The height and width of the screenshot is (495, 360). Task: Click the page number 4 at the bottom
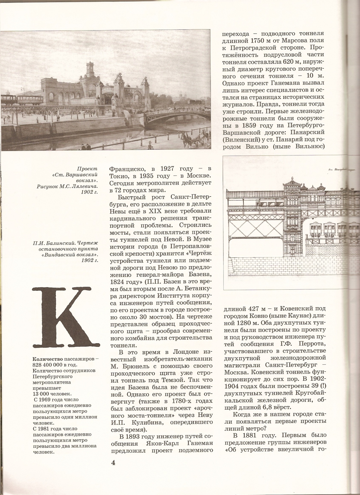point(113,463)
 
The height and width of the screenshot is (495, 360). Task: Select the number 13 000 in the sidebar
point(42,394)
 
